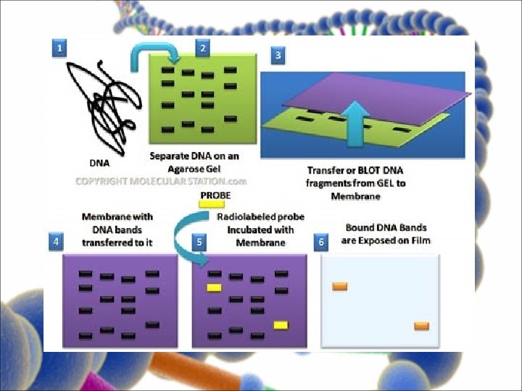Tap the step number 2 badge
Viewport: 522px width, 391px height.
[x=203, y=48]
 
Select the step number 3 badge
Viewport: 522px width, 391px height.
[x=278, y=54]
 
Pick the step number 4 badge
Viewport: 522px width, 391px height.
[x=55, y=243]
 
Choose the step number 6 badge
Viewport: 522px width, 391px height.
[x=321, y=243]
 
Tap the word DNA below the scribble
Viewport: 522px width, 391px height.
[x=99, y=164]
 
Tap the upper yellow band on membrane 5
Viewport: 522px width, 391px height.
[x=214, y=287]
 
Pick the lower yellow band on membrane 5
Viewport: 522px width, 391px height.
[x=281, y=325]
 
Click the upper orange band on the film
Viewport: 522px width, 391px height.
[x=339, y=287]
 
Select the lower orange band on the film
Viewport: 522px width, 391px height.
[x=422, y=326]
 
